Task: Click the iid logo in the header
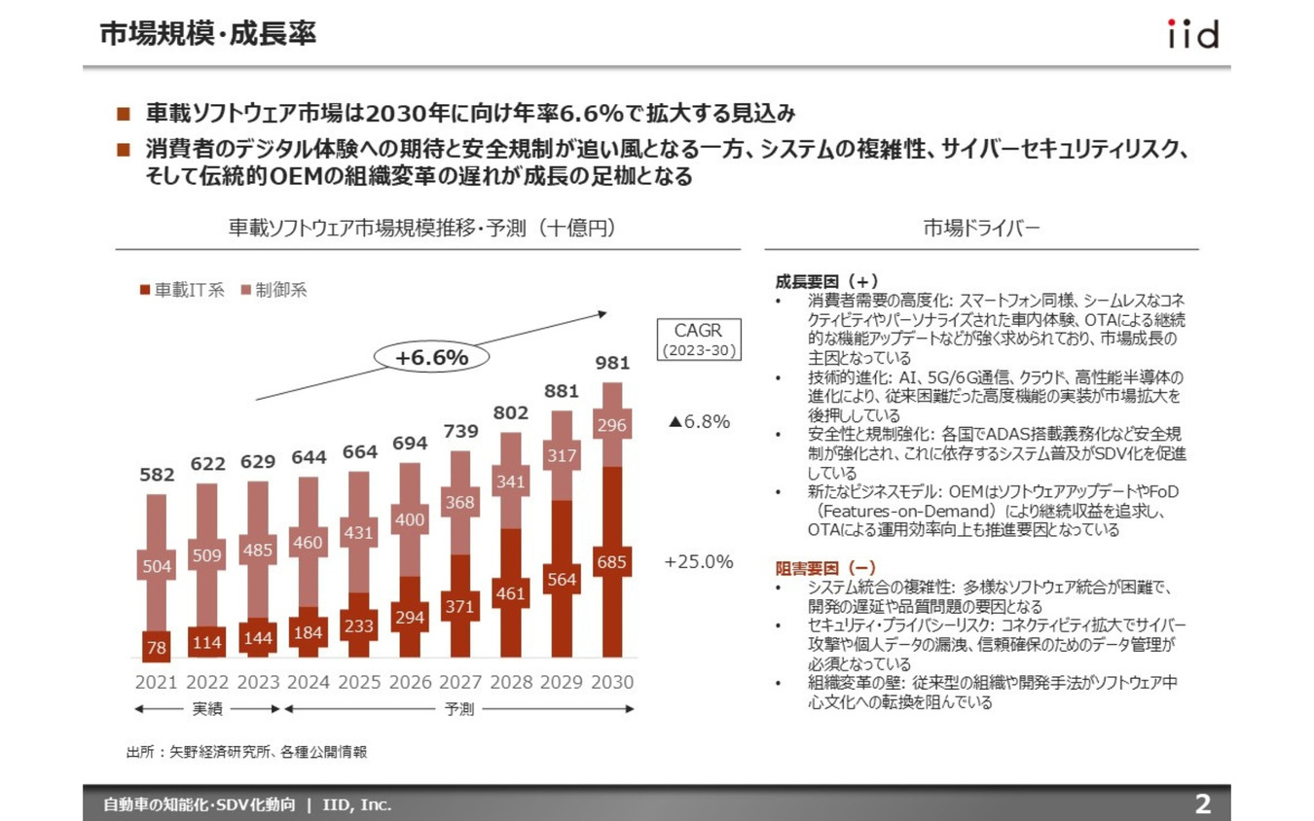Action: pos(1192,34)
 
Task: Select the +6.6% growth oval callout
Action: pos(431,358)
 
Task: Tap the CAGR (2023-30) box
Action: pos(699,339)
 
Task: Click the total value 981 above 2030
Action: pos(611,363)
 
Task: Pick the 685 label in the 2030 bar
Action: pos(611,562)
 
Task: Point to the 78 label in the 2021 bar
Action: pos(156,647)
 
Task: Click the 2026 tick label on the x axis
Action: pos(409,682)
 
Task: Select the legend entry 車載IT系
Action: pos(182,290)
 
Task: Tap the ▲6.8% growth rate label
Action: pos(698,422)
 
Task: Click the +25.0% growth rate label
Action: pos(698,562)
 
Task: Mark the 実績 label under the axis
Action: pos(206,709)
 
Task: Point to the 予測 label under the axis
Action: pos(459,709)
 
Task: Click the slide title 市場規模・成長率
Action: pos(208,34)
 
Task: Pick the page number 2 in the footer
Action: pos(1203,804)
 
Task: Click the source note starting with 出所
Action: pos(246,752)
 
